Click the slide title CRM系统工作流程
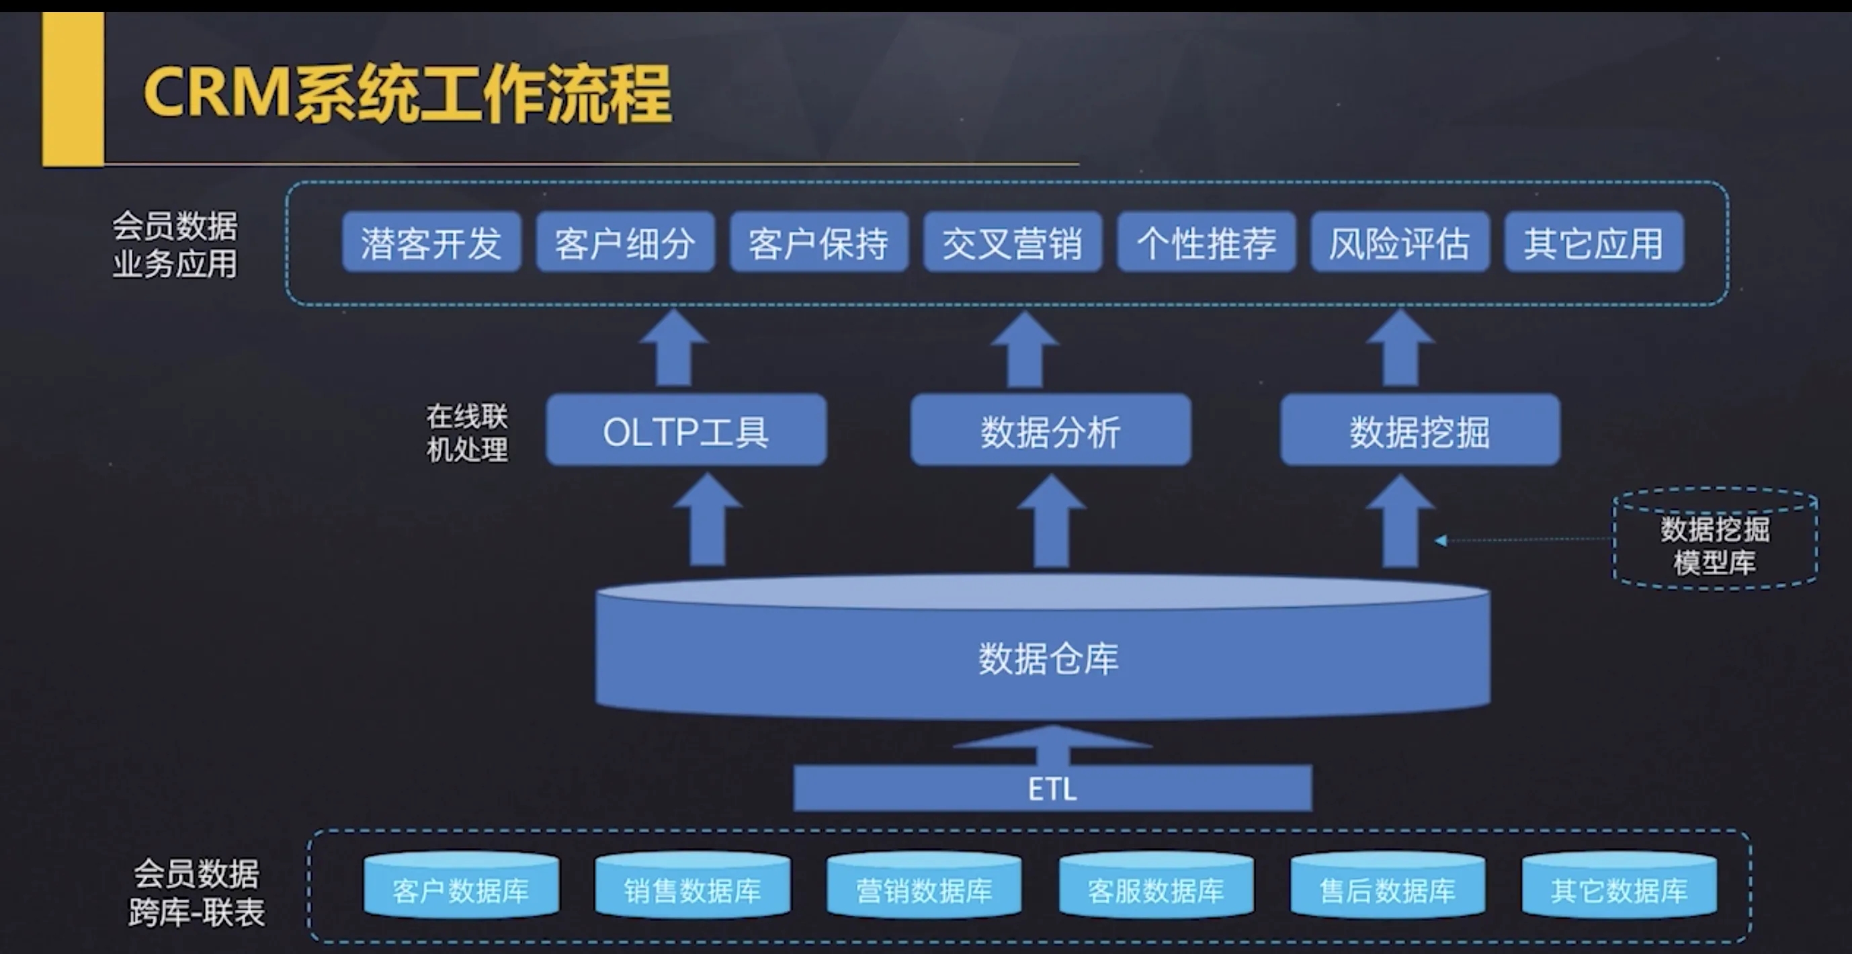click(x=407, y=93)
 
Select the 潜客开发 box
click(x=431, y=243)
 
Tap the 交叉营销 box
click(x=1012, y=243)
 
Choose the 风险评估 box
click(x=1400, y=243)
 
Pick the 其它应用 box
click(x=1594, y=243)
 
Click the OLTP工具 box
click(x=686, y=430)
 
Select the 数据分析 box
click(x=1050, y=430)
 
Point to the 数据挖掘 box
click(x=1420, y=430)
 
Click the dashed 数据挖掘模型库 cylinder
click(x=1716, y=539)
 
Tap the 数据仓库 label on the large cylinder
click(x=1048, y=658)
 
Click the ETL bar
click(x=1052, y=789)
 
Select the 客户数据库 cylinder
click(x=461, y=885)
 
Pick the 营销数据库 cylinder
click(x=924, y=885)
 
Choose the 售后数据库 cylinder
click(x=1388, y=885)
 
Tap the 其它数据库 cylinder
click(x=1619, y=885)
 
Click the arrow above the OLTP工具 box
click(x=673, y=349)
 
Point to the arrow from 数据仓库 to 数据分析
click(x=1051, y=521)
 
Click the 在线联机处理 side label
click(x=467, y=433)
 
